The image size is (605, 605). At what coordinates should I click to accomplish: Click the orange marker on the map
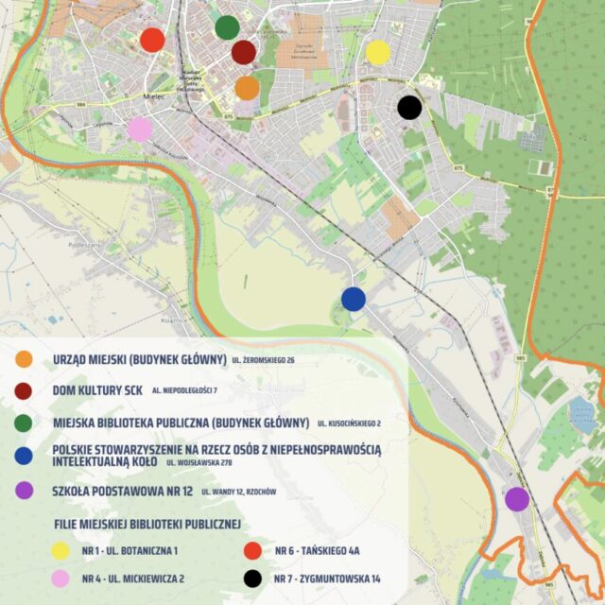pyautogui.click(x=247, y=88)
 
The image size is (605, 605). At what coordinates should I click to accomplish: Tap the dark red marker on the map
pyautogui.click(x=243, y=52)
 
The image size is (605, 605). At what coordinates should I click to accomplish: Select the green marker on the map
pyautogui.click(x=227, y=27)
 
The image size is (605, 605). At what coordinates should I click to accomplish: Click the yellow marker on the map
pyautogui.click(x=377, y=52)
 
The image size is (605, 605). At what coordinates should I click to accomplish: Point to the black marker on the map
pyautogui.click(x=408, y=108)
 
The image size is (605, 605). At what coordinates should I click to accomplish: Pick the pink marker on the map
pyautogui.click(x=140, y=129)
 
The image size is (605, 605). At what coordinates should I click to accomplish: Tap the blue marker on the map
pyautogui.click(x=354, y=299)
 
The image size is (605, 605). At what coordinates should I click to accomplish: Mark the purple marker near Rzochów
pyautogui.click(x=516, y=498)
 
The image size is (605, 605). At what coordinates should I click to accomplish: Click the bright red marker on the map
pyautogui.click(x=152, y=40)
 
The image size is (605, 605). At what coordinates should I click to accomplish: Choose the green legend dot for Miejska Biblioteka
pyautogui.click(x=25, y=422)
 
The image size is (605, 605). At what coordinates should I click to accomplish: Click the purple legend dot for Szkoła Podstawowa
pyautogui.click(x=25, y=490)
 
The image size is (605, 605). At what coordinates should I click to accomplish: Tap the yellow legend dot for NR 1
pyautogui.click(x=60, y=550)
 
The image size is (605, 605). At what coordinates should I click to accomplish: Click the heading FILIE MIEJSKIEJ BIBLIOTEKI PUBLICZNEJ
pyautogui.click(x=147, y=523)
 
